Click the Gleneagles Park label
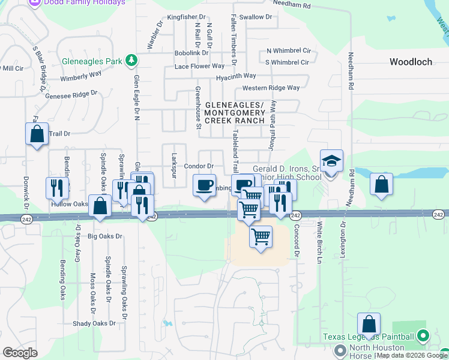[92, 61]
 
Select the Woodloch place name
[411, 62]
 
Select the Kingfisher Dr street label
[187, 17]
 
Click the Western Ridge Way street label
[271, 88]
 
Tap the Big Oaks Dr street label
[105, 236]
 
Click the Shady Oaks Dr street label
[94, 323]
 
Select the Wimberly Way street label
[81, 76]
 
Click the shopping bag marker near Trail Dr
[37, 134]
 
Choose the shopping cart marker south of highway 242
[261, 238]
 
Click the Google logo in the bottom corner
[20, 352]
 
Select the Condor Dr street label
[199, 166]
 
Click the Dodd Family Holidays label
[84, 2]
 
